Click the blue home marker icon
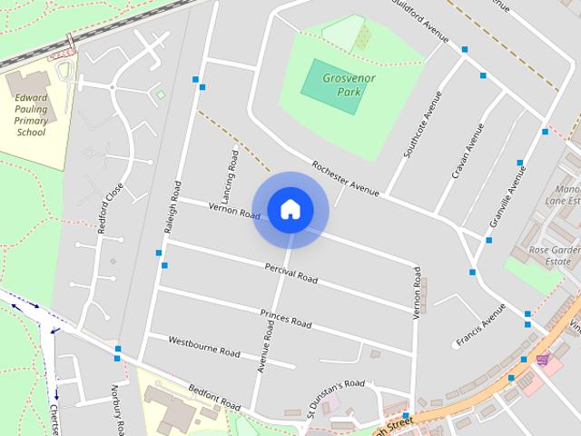coord(290,210)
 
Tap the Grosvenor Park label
coord(349,84)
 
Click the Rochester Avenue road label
coord(344,178)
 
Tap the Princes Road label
coord(285,319)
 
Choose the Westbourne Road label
coord(204,346)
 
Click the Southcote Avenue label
coord(422,125)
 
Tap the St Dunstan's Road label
coord(335,394)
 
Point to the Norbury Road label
coord(117,409)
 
